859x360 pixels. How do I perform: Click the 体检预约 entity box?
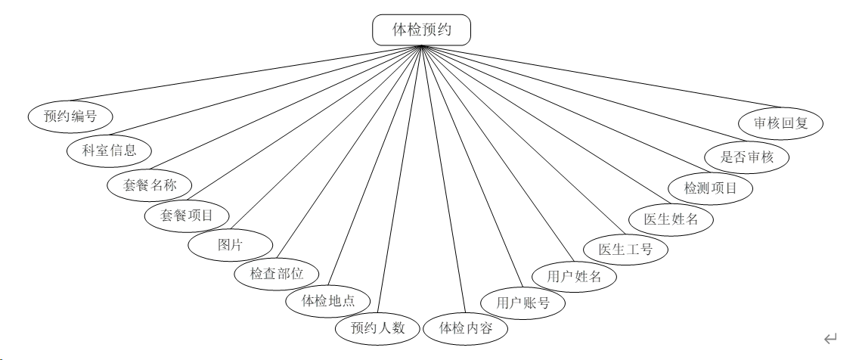point(422,30)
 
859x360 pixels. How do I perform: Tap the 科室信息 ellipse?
point(110,150)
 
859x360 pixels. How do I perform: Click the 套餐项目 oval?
point(186,216)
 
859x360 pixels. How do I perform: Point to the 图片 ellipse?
point(230,244)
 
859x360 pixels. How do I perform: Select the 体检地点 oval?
point(328,300)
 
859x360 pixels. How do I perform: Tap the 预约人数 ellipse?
point(378,327)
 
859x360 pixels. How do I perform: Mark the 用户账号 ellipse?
point(523,303)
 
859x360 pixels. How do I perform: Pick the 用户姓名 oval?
point(575,276)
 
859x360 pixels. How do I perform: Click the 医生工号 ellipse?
point(625,249)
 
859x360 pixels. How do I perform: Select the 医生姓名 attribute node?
point(671,219)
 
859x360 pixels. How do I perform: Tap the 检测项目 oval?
point(710,188)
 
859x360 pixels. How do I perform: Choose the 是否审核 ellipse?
point(747,157)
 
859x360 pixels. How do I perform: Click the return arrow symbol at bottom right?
point(830,338)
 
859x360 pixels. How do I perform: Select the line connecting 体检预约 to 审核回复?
point(605,78)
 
